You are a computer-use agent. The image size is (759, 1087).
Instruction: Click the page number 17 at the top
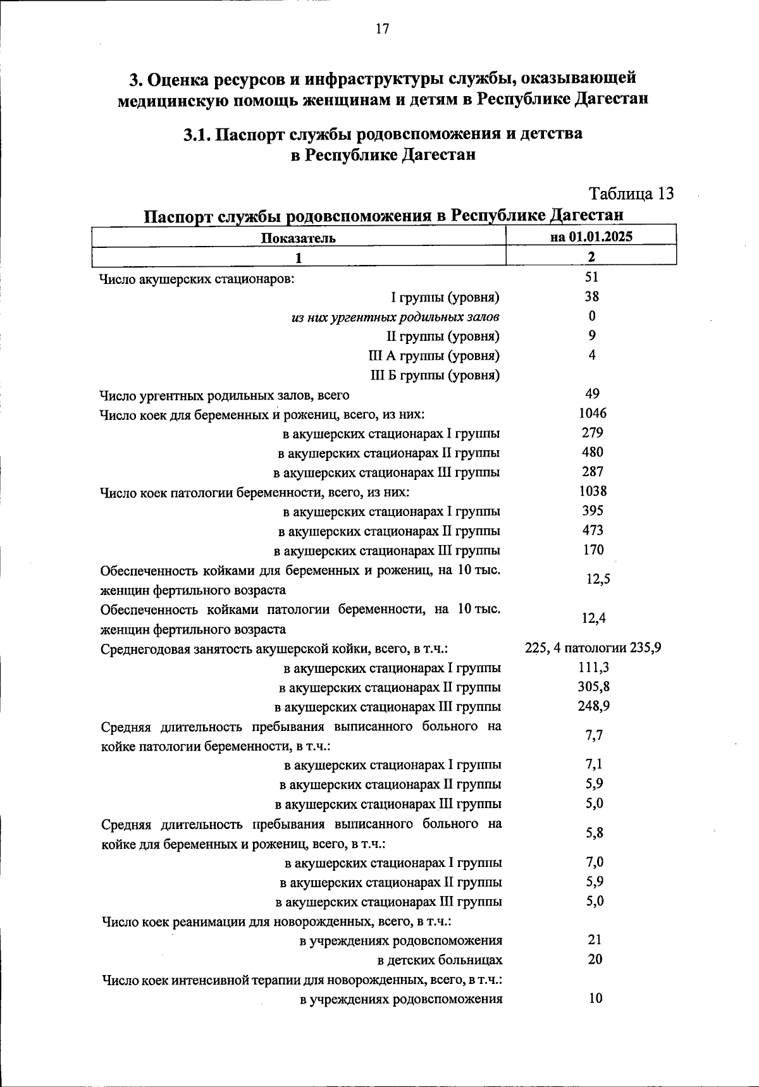(x=381, y=29)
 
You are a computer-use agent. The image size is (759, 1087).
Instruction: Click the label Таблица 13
(x=631, y=193)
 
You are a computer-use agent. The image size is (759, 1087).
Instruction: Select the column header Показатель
(x=298, y=238)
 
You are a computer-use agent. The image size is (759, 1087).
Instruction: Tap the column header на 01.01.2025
(x=591, y=236)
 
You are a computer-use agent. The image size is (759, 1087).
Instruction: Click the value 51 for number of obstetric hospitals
(x=592, y=277)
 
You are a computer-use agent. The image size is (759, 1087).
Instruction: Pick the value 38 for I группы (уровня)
(x=592, y=297)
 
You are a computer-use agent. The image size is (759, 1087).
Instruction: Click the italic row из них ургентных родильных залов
(x=395, y=317)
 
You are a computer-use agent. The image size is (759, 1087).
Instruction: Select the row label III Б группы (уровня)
(x=435, y=376)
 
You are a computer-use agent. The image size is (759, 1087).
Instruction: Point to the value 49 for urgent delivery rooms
(x=592, y=394)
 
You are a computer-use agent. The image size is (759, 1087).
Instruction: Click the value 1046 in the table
(x=592, y=414)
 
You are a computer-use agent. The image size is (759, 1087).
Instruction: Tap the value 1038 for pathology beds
(x=592, y=491)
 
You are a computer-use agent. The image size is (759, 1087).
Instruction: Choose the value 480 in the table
(x=592, y=452)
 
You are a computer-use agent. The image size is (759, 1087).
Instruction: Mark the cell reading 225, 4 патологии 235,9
(x=593, y=648)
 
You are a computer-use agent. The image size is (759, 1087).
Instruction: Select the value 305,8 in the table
(x=593, y=687)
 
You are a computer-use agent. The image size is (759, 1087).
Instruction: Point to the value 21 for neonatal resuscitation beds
(x=595, y=940)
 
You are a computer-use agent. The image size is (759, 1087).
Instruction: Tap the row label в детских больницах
(x=440, y=961)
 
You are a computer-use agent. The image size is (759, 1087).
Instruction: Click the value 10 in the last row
(x=595, y=998)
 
